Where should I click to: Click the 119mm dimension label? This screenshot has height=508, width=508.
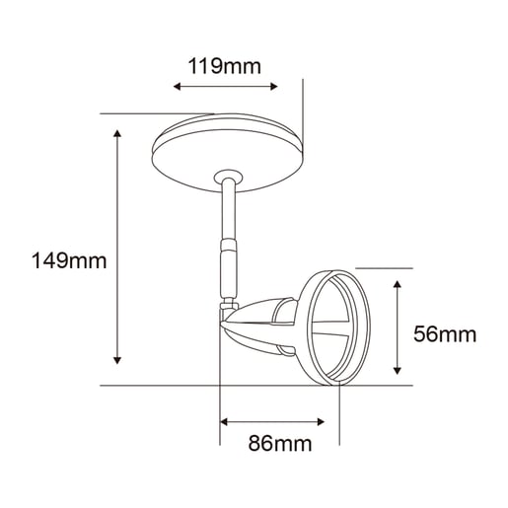pyautogui.click(x=225, y=66)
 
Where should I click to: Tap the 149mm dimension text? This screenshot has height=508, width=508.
pyautogui.click(x=69, y=260)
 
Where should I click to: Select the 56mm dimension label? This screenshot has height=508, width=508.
pyautogui.click(x=445, y=334)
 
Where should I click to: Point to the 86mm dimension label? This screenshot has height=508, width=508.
pyautogui.click(x=280, y=443)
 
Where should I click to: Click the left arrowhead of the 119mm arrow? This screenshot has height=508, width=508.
pyautogui.click(x=177, y=87)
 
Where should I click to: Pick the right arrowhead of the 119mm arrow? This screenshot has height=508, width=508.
pyautogui.click(x=274, y=87)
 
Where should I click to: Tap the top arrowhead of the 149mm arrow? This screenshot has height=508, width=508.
pyautogui.click(x=117, y=133)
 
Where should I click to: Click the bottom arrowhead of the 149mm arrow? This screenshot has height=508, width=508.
pyautogui.click(x=117, y=360)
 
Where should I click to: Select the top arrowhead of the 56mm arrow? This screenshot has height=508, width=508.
pyautogui.click(x=398, y=284)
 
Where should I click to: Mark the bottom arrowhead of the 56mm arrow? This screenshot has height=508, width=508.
pyautogui.click(x=398, y=370)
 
